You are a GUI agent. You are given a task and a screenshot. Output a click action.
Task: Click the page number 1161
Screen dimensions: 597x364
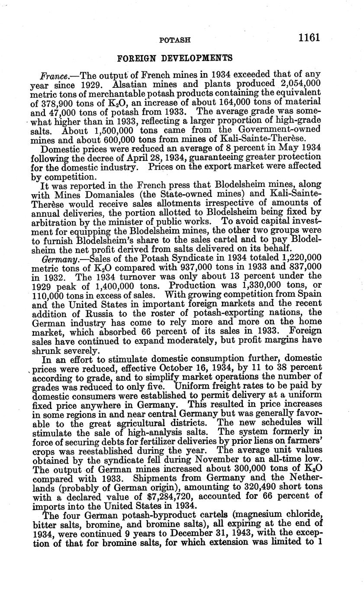click(x=309, y=38)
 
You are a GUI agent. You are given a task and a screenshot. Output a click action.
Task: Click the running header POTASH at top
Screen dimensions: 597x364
click(x=175, y=40)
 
